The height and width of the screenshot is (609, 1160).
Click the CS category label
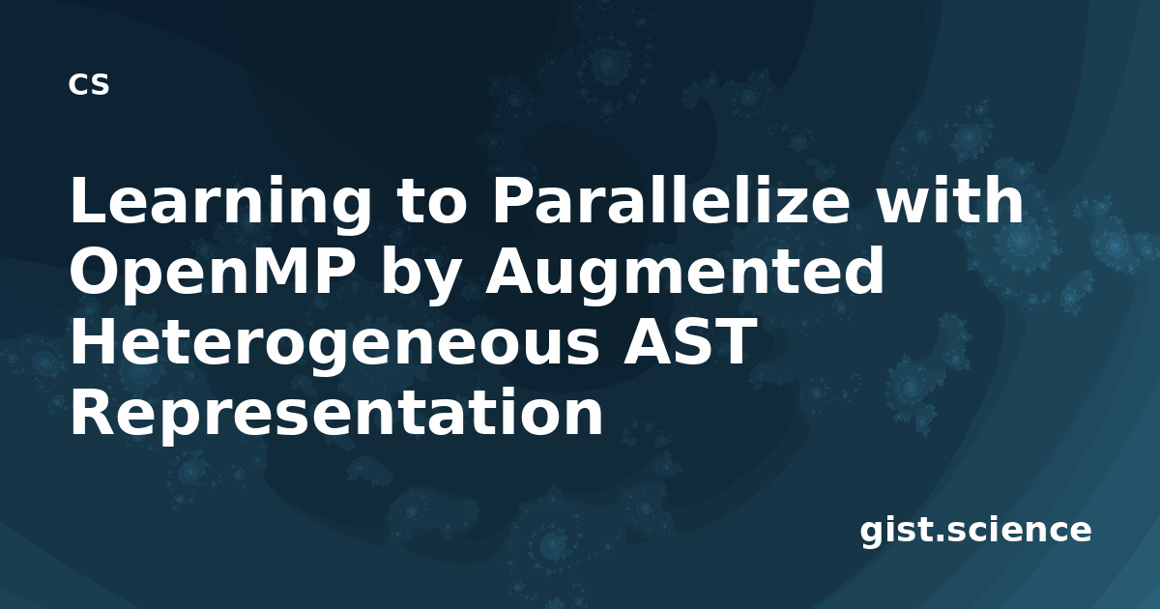click(89, 84)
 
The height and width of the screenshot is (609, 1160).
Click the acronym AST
click(687, 341)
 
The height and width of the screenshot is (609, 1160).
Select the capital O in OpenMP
click(95, 271)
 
